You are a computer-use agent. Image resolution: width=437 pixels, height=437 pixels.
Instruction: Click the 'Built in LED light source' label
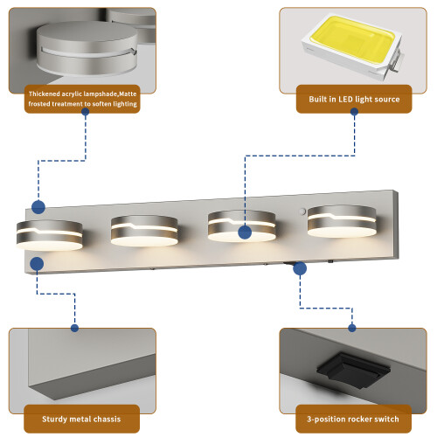(354, 99)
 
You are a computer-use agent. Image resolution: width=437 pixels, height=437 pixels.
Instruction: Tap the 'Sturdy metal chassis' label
(81, 419)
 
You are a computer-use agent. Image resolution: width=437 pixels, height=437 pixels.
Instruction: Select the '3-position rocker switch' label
(353, 419)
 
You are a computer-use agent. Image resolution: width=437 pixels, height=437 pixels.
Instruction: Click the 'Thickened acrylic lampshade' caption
(82, 99)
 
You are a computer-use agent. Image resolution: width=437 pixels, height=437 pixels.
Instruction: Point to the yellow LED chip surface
(352, 38)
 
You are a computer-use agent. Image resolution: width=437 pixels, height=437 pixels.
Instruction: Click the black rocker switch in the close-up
(353, 371)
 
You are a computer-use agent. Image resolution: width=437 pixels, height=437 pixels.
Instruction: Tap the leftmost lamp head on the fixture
(50, 235)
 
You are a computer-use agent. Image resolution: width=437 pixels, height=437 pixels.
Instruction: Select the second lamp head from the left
(144, 231)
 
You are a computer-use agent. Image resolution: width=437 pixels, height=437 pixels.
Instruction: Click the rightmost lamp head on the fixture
(342, 221)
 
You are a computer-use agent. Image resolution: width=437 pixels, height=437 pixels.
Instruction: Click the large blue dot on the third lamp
(245, 232)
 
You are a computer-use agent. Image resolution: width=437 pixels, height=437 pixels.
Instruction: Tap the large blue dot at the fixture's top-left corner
(38, 207)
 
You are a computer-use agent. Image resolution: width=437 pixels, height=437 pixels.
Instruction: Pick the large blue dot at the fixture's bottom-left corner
(37, 264)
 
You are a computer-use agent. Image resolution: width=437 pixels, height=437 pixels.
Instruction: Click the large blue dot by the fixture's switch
(300, 268)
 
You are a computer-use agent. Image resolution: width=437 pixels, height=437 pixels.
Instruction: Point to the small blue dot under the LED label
(354, 112)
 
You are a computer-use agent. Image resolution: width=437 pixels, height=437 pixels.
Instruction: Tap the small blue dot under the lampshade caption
(86, 112)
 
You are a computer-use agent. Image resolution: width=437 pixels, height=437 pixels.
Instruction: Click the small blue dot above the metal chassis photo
(74, 328)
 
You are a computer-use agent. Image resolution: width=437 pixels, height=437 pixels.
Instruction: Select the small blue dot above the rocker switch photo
(352, 328)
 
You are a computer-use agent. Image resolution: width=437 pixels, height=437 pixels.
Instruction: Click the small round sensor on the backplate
(302, 211)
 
